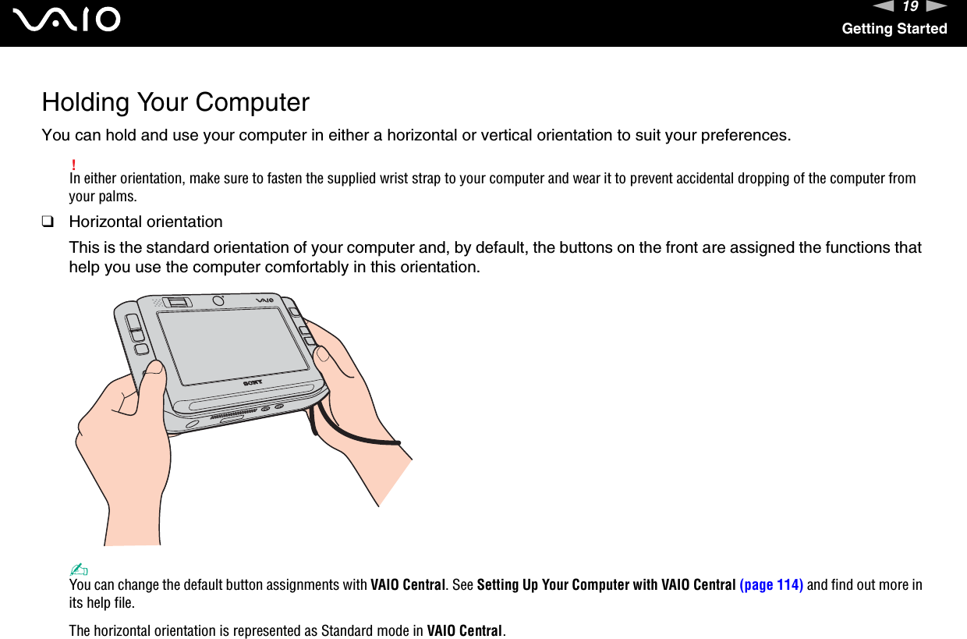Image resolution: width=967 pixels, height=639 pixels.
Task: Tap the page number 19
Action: click(909, 7)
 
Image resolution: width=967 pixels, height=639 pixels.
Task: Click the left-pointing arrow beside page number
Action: click(884, 7)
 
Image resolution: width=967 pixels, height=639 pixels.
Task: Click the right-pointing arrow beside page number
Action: click(936, 7)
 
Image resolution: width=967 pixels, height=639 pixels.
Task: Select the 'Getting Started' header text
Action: click(894, 29)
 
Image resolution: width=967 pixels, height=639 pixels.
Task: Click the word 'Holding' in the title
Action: click(86, 102)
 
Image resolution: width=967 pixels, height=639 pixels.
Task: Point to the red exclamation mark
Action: click(73, 165)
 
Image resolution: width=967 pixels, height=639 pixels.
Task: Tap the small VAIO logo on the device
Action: click(266, 300)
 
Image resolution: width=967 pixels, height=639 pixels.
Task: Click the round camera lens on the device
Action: click(218, 300)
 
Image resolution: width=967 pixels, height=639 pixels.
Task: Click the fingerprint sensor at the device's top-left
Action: click(179, 303)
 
